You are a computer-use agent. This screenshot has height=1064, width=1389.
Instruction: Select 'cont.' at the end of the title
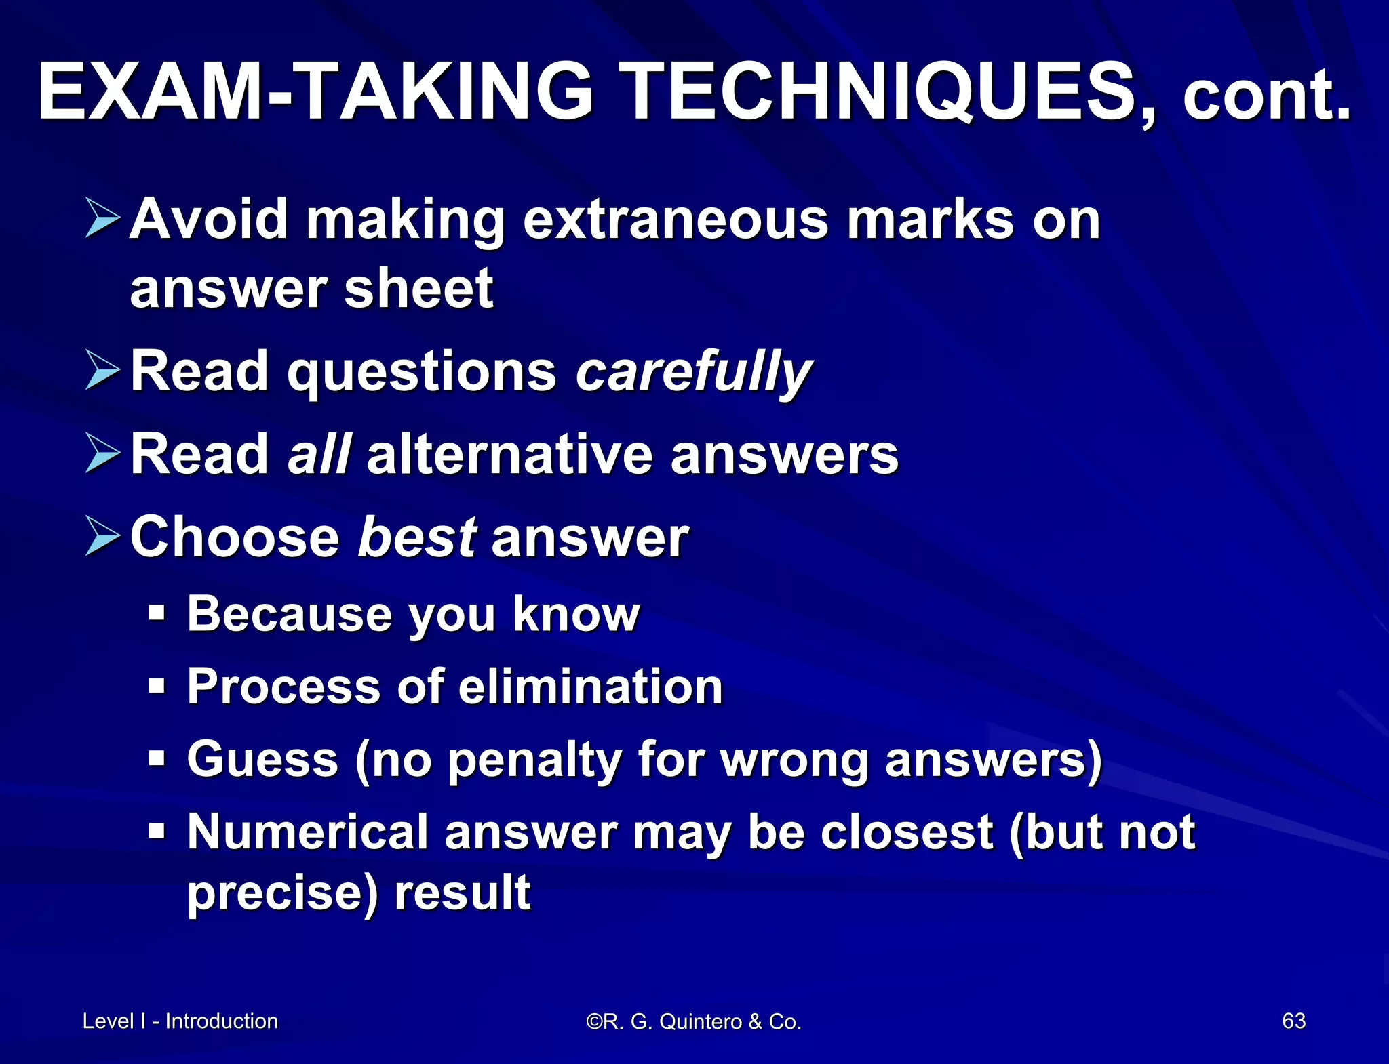(x=1266, y=98)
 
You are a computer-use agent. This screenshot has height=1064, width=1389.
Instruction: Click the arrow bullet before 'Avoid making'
(x=102, y=218)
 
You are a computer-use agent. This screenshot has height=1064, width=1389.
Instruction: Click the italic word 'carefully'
(x=693, y=372)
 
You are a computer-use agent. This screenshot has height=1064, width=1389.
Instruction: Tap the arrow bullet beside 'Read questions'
(x=102, y=370)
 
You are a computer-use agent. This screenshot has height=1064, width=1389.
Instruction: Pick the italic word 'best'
(x=416, y=537)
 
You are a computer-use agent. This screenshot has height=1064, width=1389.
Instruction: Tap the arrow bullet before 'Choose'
(x=102, y=535)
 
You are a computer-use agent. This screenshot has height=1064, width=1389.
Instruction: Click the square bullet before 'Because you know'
(x=157, y=613)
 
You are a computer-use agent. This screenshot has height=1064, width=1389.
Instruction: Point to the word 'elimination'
(x=590, y=687)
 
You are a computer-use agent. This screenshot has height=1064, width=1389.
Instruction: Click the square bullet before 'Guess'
(x=157, y=758)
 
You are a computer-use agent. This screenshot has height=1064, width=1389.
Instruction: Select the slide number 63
(x=1293, y=1021)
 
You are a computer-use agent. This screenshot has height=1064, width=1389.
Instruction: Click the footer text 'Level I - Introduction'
(x=180, y=1021)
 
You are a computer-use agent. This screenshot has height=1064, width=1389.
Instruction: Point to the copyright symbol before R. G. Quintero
(x=594, y=1021)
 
